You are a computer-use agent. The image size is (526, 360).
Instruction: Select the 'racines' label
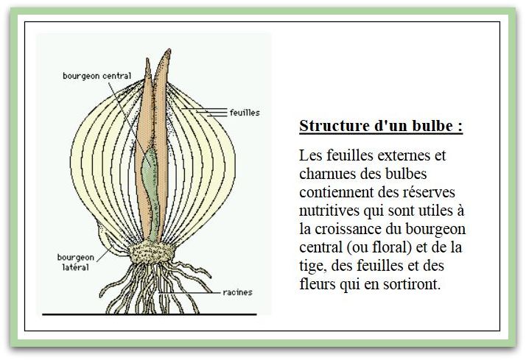pos(237,292)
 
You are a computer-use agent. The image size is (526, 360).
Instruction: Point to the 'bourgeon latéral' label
pos(74,262)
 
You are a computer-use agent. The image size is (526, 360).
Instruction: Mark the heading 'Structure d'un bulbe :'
pos(381,125)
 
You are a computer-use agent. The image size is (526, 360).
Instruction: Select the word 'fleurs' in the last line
pos(318,284)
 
